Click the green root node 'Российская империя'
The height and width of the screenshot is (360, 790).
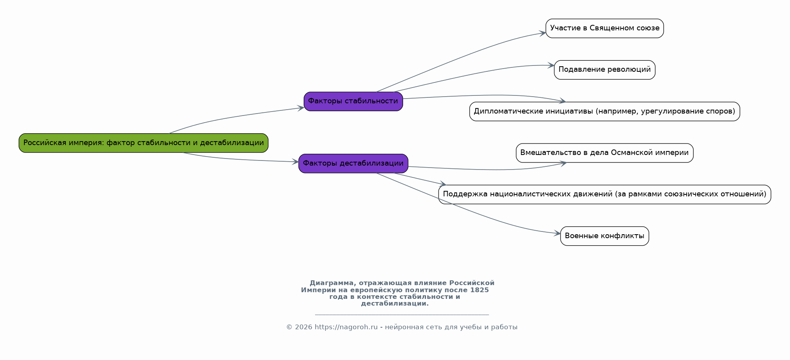pyautogui.click(x=144, y=143)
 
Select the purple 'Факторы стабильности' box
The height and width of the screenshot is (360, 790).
pyautogui.click(x=353, y=101)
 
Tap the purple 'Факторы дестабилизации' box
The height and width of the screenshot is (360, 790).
pyautogui.click(x=353, y=163)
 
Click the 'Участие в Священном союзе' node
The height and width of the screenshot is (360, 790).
pyautogui.click(x=605, y=28)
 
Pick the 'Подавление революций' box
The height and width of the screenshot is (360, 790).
pyautogui.click(x=605, y=70)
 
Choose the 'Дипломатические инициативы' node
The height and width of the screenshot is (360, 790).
pyautogui.click(x=605, y=111)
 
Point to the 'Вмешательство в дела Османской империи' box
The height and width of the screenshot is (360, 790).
pyautogui.click(x=605, y=153)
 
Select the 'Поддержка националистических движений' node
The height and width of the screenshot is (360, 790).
pyautogui.click(x=605, y=194)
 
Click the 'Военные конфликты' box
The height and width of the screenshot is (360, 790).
pyautogui.click(x=605, y=236)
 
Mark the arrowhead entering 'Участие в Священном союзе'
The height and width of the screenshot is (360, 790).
pyautogui.click(x=543, y=33)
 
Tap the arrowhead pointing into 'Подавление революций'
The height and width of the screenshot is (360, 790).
pyautogui.click(x=551, y=65)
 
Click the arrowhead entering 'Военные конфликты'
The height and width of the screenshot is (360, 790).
pyautogui.click(x=557, y=233)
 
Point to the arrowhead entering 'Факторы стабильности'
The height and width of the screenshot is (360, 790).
pyautogui.click(x=301, y=108)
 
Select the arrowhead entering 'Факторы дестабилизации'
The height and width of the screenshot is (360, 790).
pyautogui.click(x=295, y=161)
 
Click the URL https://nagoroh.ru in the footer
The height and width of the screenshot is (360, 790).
pyautogui.click(x=346, y=327)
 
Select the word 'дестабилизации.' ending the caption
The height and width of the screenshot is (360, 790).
pyautogui.click(x=395, y=304)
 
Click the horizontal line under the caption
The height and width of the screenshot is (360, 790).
pyautogui.click(x=402, y=315)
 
